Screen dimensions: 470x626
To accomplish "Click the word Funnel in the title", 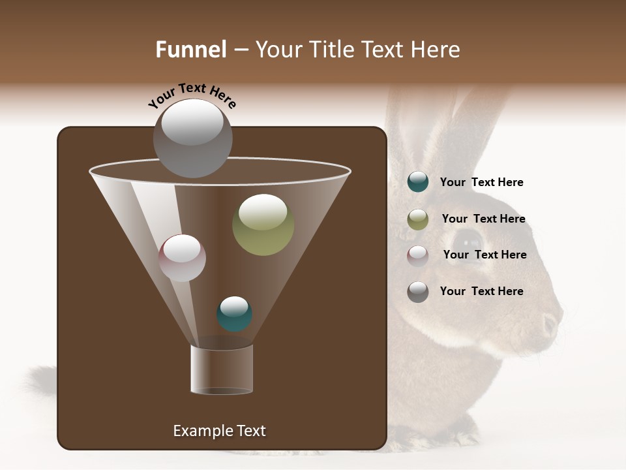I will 190,50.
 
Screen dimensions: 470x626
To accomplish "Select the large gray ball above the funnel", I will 193,138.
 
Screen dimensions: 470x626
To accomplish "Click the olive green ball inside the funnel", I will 263,225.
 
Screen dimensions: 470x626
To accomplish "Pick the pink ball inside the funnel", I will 182,258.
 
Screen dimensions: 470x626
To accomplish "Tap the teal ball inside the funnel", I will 234,314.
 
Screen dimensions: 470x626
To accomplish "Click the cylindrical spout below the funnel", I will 222,369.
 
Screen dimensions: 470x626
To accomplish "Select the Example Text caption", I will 219,431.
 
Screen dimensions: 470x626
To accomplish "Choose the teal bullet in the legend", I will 418,182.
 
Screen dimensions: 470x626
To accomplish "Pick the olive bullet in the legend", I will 418,219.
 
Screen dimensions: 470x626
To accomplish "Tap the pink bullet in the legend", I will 418,256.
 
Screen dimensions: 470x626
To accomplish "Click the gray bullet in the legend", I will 418,292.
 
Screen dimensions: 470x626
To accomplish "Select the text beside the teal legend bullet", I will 481,182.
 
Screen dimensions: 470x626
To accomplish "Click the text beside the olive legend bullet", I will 483,219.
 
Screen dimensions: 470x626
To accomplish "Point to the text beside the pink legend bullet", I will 484,255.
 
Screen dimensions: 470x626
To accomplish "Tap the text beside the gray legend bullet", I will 481,291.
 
